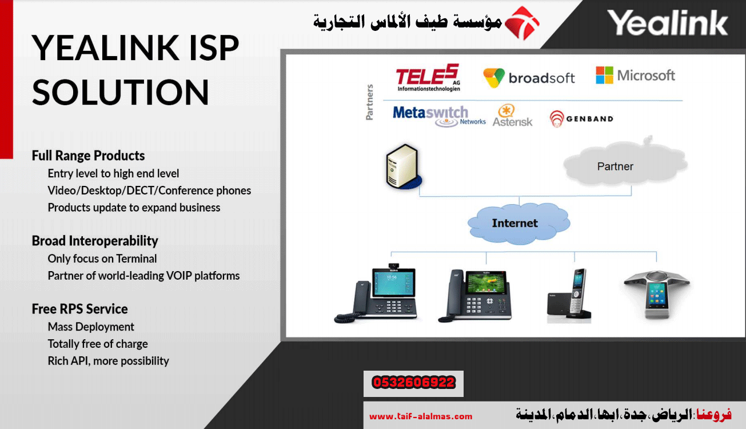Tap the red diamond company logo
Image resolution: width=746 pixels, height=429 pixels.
[x=522, y=23]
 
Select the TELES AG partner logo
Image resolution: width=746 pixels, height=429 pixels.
[x=428, y=77]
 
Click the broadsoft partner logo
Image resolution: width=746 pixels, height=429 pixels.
[x=529, y=78]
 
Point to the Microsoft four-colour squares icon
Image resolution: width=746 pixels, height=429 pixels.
[x=604, y=75]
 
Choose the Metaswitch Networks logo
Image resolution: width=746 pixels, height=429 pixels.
[x=439, y=116]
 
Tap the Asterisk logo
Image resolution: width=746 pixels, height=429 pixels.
[x=512, y=116]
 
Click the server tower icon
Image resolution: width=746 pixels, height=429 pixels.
[x=404, y=166]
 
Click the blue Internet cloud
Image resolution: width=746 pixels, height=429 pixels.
[x=518, y=223]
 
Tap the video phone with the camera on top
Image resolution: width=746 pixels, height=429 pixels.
[x=376, y=293]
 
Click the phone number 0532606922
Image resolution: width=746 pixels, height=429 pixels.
[x=413, y=383]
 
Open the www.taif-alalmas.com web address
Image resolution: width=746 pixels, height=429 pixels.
[x=421, y=416]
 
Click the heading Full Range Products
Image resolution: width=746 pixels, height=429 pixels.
[x=88, y=156]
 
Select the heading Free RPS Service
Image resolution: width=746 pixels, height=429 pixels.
[x=79, y=309]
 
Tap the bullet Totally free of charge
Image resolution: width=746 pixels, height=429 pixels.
[x=98, y=344]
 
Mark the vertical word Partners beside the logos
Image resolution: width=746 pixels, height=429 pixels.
[x=369, y=102]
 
